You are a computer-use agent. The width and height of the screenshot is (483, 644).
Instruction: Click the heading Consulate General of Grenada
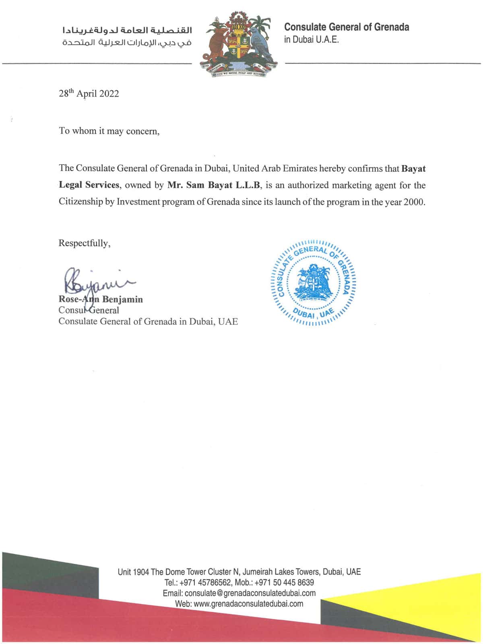pyautogui.click(x=347, y=27)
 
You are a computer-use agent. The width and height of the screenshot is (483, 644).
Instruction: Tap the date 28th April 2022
pyautogui.click(x=89, y=94)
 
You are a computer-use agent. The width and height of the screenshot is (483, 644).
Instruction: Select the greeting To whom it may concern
pyautogui.click(x=109, y=131)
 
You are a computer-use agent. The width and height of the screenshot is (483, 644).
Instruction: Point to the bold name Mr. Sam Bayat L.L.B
pyautogui.click(x=214, y=185)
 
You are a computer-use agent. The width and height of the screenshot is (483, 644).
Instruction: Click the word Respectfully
pyautogui.click(x=84, y=243)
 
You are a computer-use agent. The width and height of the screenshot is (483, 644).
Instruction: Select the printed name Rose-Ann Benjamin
pyautogui.click(x=101, y=299)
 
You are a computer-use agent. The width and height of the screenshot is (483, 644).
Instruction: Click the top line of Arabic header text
pyautogui.click(x=127, y=30)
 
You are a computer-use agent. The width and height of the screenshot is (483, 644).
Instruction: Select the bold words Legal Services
pyautogui.click(x=89, y=185)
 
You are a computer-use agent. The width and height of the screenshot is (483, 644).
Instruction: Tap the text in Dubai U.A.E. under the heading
pyautogui.click(x=312, y=40)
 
